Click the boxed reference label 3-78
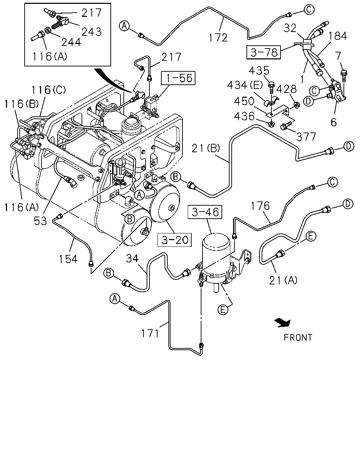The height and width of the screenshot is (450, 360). [264, 52]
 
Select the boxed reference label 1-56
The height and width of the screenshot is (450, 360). [178, 78]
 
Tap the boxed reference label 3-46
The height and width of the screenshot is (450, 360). [205, 212]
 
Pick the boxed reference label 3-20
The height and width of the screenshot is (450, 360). [174, 240]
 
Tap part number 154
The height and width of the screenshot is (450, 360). [68, 259]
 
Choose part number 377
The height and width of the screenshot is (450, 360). [306, 137]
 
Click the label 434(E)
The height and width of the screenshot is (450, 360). [245, 85]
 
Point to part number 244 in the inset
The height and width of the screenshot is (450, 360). [71, 42]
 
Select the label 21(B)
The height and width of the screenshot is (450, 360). [206, 148]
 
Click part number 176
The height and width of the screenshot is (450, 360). [261, 206]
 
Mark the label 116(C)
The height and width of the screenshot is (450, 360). [49, 90]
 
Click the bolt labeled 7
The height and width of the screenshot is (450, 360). [343, 76]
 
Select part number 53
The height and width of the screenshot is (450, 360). [40, 221]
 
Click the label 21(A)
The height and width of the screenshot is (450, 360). [283, 280]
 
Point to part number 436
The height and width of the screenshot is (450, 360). [244, 116]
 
